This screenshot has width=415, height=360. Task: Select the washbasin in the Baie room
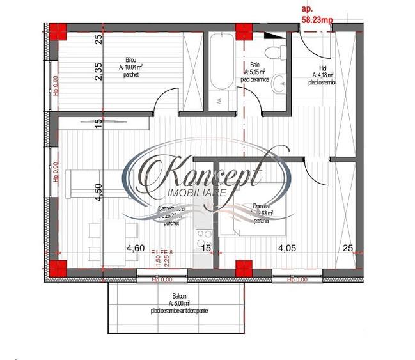(279, 84)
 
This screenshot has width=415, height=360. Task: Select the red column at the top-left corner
(58, 31)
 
